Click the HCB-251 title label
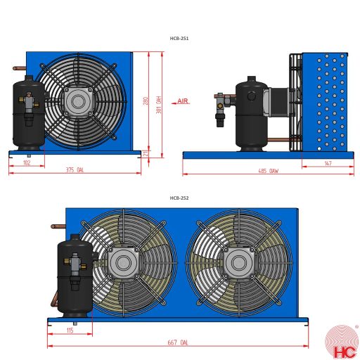[x=179, y=39]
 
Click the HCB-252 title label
[x=179, y=198]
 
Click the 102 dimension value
[x=27, y=162]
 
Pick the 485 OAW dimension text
[x=268, y=170]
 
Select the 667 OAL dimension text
[x=179, y=342]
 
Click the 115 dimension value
[x=70, y=330]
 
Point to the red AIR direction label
[x=183, y=102]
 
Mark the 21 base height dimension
[x=146, y=153]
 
